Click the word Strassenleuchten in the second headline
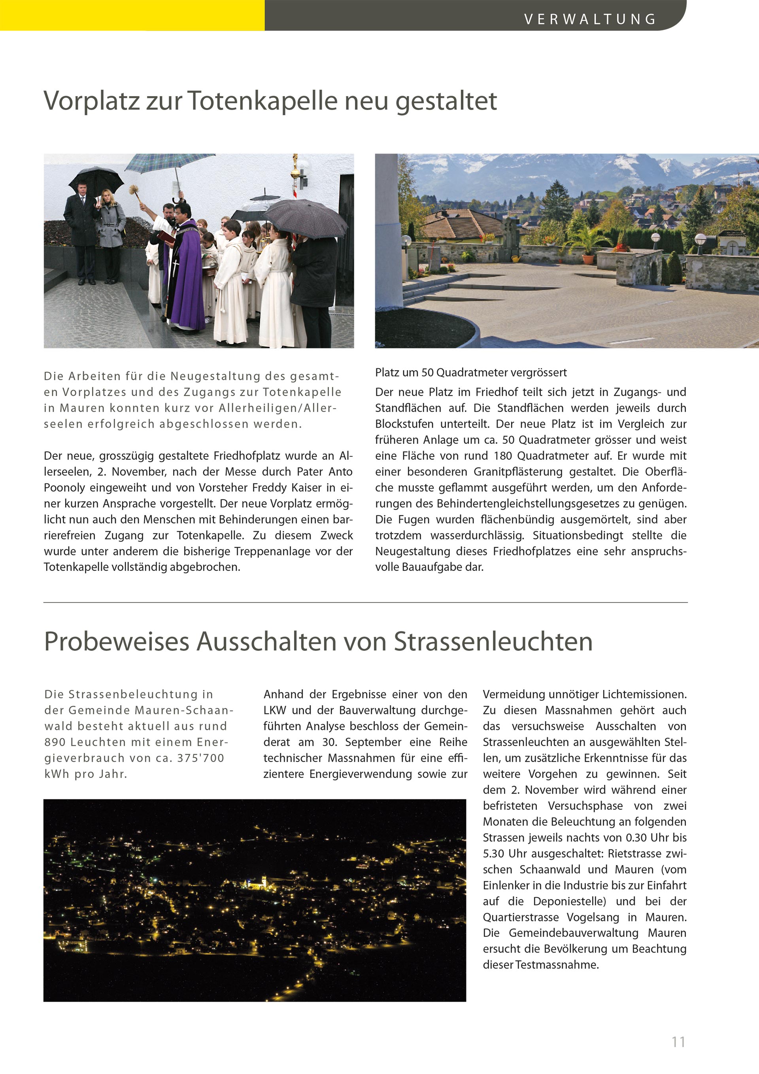(493, 641)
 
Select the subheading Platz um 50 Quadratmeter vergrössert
(471, 372)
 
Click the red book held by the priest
(166, 237)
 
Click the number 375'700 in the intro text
(200, 758)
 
